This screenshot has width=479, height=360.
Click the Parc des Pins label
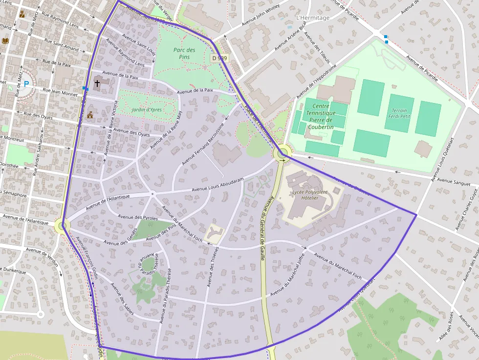pos(184,54)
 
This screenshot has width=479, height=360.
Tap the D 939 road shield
pos(219,58)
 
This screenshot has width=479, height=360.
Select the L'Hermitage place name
pos(313,18)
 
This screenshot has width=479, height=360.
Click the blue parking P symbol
pos(26,84)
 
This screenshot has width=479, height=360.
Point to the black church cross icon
pos(97,84)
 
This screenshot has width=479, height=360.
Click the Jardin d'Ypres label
pos(146,109)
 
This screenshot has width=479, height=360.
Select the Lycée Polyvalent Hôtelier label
pos(305,195)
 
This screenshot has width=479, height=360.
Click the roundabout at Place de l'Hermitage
pos(282,155)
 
